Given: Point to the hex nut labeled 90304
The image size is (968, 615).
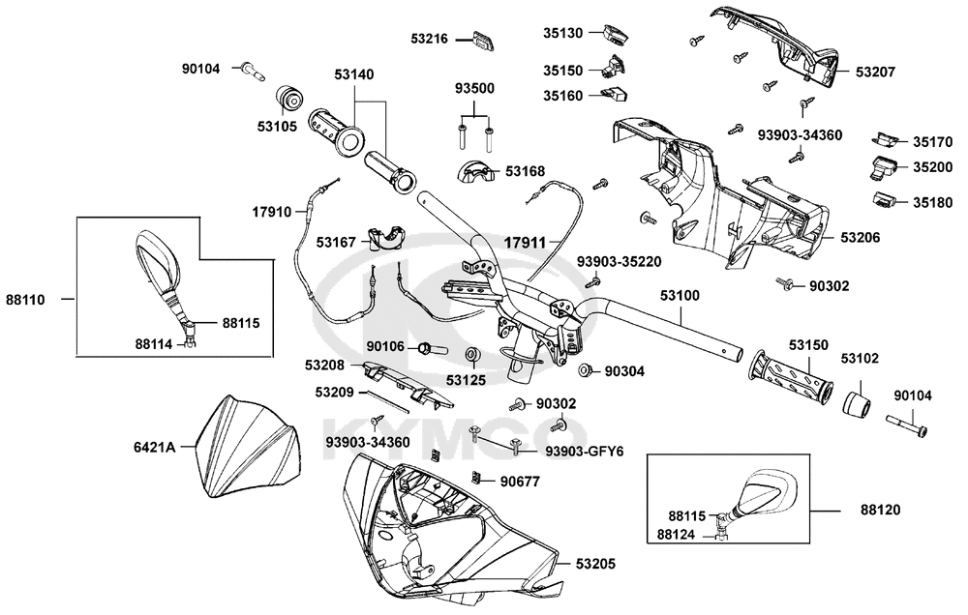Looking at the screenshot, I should click(585, 370).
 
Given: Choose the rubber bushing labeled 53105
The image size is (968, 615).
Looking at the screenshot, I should click(288, 98).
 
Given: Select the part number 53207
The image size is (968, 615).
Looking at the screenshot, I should click(874, 72).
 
